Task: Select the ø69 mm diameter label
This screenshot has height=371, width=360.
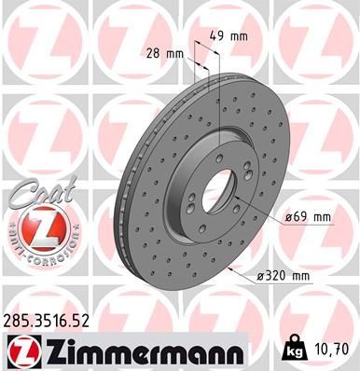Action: [309, 218]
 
